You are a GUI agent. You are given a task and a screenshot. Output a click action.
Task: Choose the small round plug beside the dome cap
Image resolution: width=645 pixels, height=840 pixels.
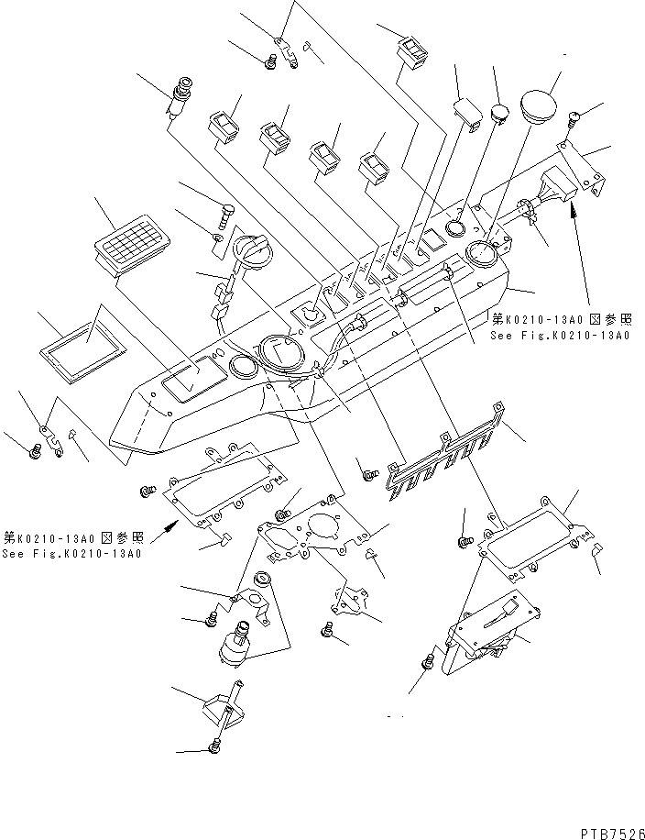[499, 114]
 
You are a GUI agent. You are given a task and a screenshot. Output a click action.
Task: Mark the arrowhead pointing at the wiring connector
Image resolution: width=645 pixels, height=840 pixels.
[574, 212]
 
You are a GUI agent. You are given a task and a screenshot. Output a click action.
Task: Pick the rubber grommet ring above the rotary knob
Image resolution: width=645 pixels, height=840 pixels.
[262, 579]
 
